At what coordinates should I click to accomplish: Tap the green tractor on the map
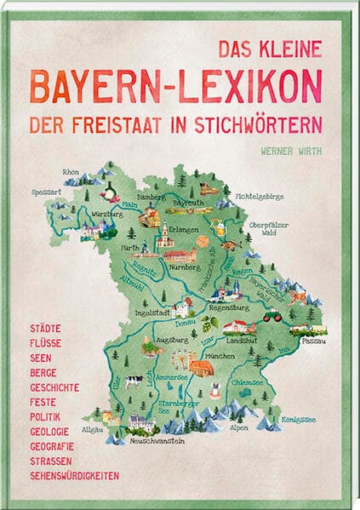tap(271, 317)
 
